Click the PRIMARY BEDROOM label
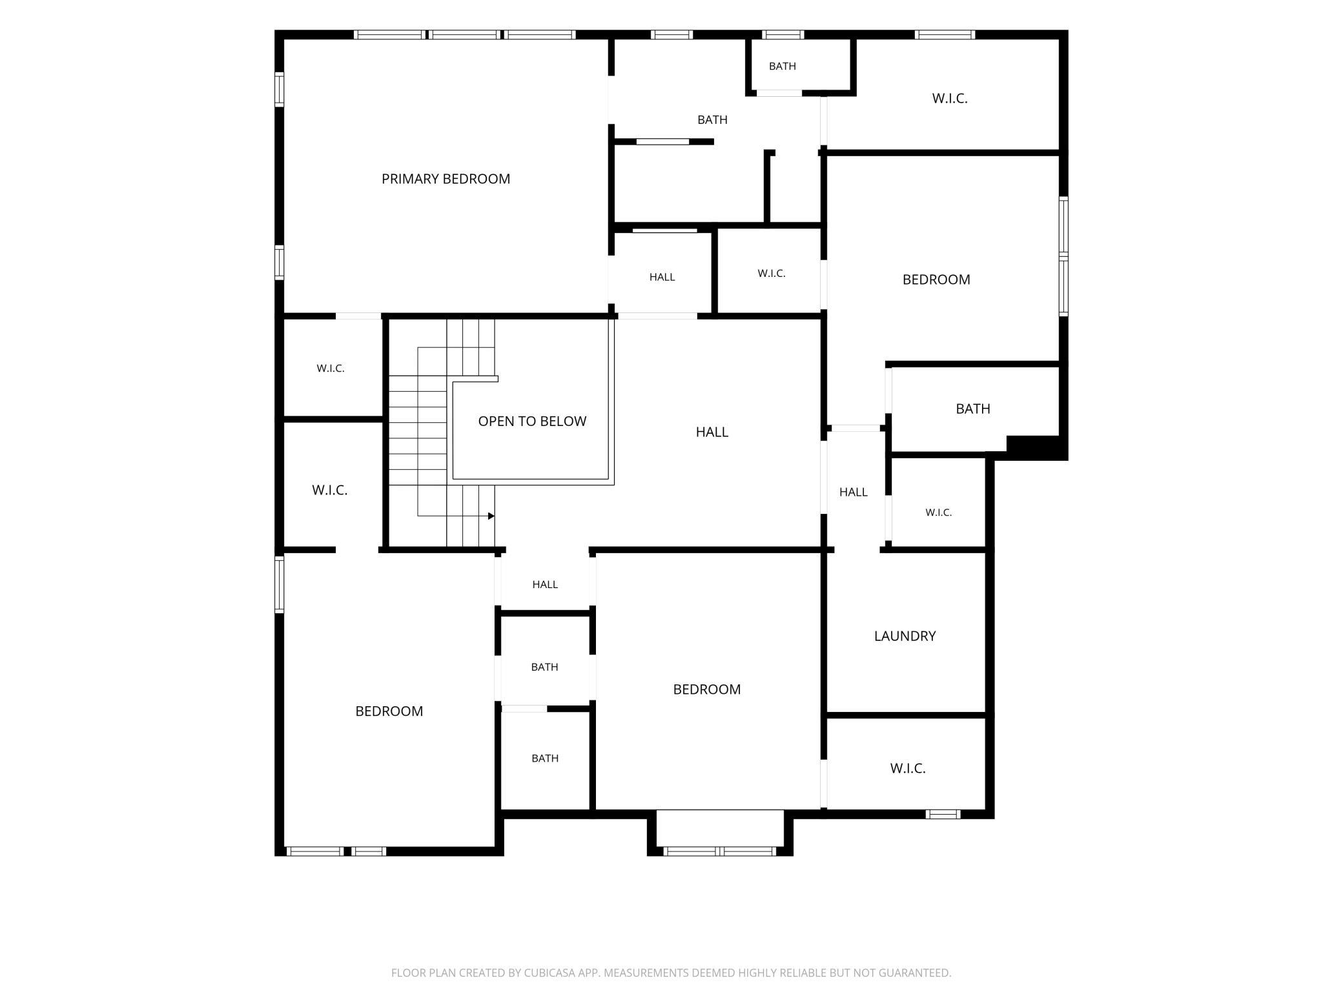pyautogui.click(x=446, y=179)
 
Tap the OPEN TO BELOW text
pyautogui.click(x=532, y=421)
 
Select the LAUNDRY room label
pyautogui.click(x=905, y=636)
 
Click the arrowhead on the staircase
pyautogui.click(x=491, y=516)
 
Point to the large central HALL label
pyautogui.click(x=712, y=432)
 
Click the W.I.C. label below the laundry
pyautogui.click(x=908, y=768)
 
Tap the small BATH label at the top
pyautogui.click(x=782, y=66)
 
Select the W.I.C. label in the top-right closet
pyautogui.click(x=950, y=98)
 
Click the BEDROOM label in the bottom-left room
pyautogui.click(x=389, y=711)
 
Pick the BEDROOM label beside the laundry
pyautogui.click(x=706, y=689)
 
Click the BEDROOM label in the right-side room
pyautogui.click(x=936, y=280)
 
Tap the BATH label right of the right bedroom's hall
pyautogui.click(x=972, y=409)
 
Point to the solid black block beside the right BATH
pyautogui.click(x=1033, y=446)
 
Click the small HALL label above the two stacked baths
pyautogui.click(x=545, y=584)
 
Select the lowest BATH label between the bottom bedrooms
pyautogui.click(x=545, y=758)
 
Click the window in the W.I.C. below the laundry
pyautogui.click(x=943, y=814)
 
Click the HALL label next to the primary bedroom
pyautogui.click(x=662, y=277)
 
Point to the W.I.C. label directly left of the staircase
pyautogui.click(x=330, y=490)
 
